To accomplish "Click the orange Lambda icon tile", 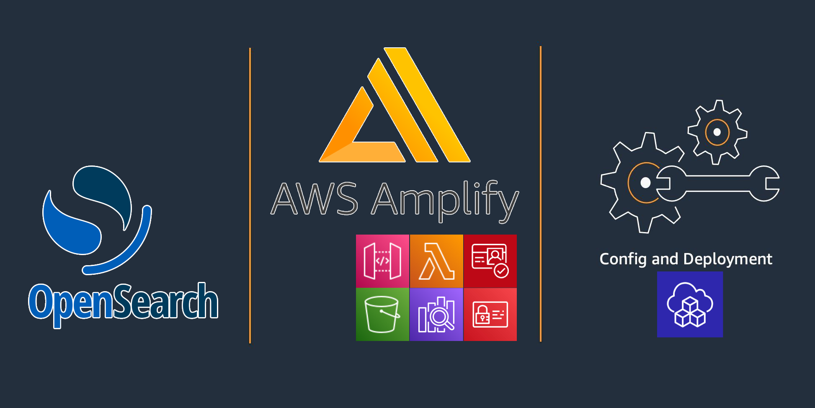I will (436, 261).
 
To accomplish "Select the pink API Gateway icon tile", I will (382, 261).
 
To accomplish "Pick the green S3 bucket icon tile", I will (382, 315).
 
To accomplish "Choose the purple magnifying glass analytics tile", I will (436, 315).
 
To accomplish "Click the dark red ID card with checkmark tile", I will (490, 261).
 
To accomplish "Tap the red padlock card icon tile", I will (490, 315).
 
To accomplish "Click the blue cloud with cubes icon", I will (690, 305).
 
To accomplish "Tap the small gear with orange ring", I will (717, 132).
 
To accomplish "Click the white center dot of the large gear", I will (645, 183).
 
